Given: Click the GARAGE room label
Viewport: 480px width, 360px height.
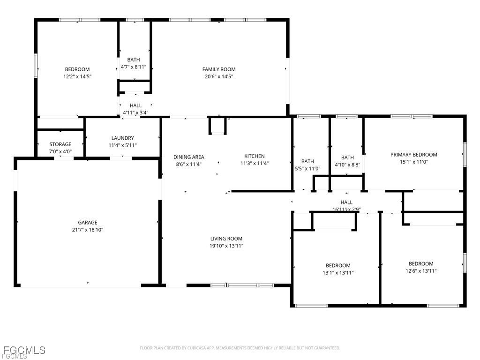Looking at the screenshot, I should [87, 223].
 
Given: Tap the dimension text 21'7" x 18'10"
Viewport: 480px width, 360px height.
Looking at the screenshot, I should [87, 230].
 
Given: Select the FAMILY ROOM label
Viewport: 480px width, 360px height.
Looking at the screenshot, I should [219, 69].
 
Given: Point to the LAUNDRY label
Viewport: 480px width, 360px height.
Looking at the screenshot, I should [123, 138].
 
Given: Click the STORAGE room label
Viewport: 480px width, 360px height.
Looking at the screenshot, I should [60, 144].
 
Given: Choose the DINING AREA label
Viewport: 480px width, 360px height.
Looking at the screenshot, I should [188, 157].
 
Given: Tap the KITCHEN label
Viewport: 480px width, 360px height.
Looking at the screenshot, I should [254, 157].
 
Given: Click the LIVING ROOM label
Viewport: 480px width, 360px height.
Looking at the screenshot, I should [226, 239].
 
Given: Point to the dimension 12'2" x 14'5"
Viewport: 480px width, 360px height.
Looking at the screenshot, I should [77, 76].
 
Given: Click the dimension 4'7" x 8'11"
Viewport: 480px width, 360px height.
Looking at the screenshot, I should [134, 67].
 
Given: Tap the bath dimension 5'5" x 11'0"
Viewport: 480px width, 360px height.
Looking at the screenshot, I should [307, 168].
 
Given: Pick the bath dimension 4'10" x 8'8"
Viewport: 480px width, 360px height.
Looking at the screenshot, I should [347, 165].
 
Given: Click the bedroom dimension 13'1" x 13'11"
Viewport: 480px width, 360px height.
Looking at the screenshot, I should [338, 272].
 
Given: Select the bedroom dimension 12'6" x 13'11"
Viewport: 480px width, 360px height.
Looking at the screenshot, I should [421, 270].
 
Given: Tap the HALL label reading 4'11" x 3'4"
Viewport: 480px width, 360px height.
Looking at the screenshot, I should [135, 112].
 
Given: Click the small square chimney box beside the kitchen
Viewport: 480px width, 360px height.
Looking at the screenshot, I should [217, 126].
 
